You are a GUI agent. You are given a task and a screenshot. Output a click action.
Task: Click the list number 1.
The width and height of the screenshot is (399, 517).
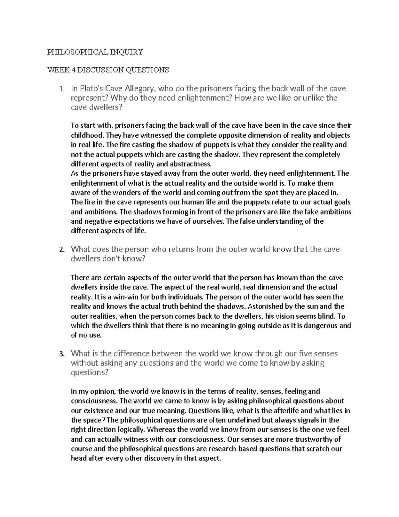[x=60, y=89]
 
